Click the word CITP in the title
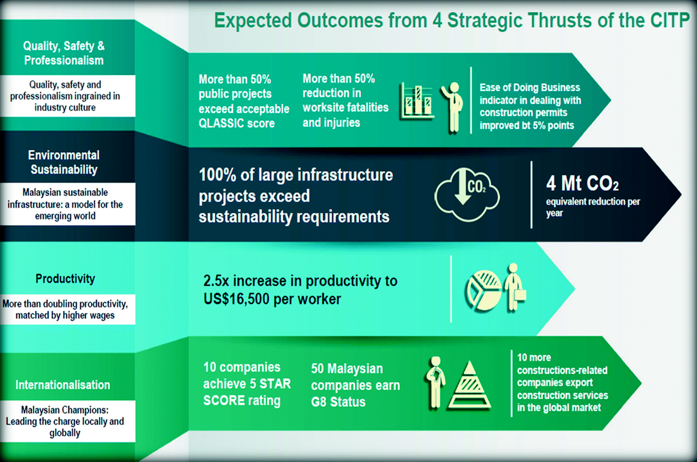pos(669,21)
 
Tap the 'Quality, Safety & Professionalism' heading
pos(64,53)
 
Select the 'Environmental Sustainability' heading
pos(64,163)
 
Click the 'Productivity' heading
pos(65,278)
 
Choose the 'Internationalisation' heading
pos(63,385)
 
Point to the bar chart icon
pos(417,101)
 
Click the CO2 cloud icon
pos(467,195)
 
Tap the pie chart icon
pos(482,290)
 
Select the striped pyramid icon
pos(470,385)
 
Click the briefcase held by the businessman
pos(520,295)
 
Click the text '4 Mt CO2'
pos(582,183)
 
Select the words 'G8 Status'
pos(338,401)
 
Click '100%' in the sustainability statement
pos(218,175)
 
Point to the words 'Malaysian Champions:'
pos(65,410)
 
